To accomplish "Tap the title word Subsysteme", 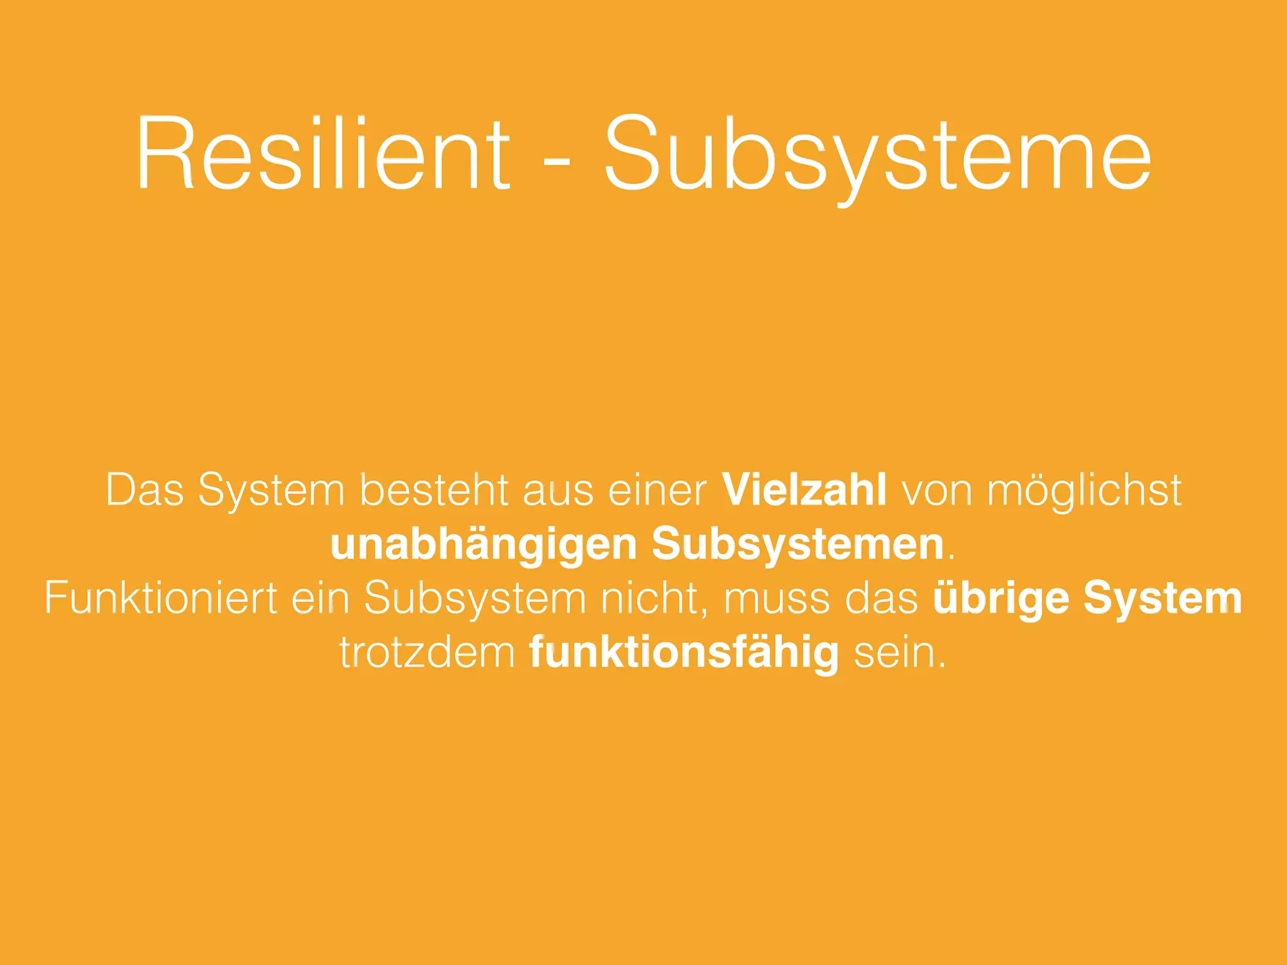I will tap(877, 155).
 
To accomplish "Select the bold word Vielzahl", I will tap(804, 489).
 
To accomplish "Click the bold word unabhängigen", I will tap(484, 545).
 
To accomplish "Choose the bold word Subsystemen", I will tap(798, 545).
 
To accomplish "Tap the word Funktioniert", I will tap(161, 597).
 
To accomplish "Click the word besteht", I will tap(434, 489).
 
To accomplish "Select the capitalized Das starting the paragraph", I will tap(145, 489).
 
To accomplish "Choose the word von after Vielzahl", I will tap(937, 491).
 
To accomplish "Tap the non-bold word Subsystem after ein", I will tap(475, 599).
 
